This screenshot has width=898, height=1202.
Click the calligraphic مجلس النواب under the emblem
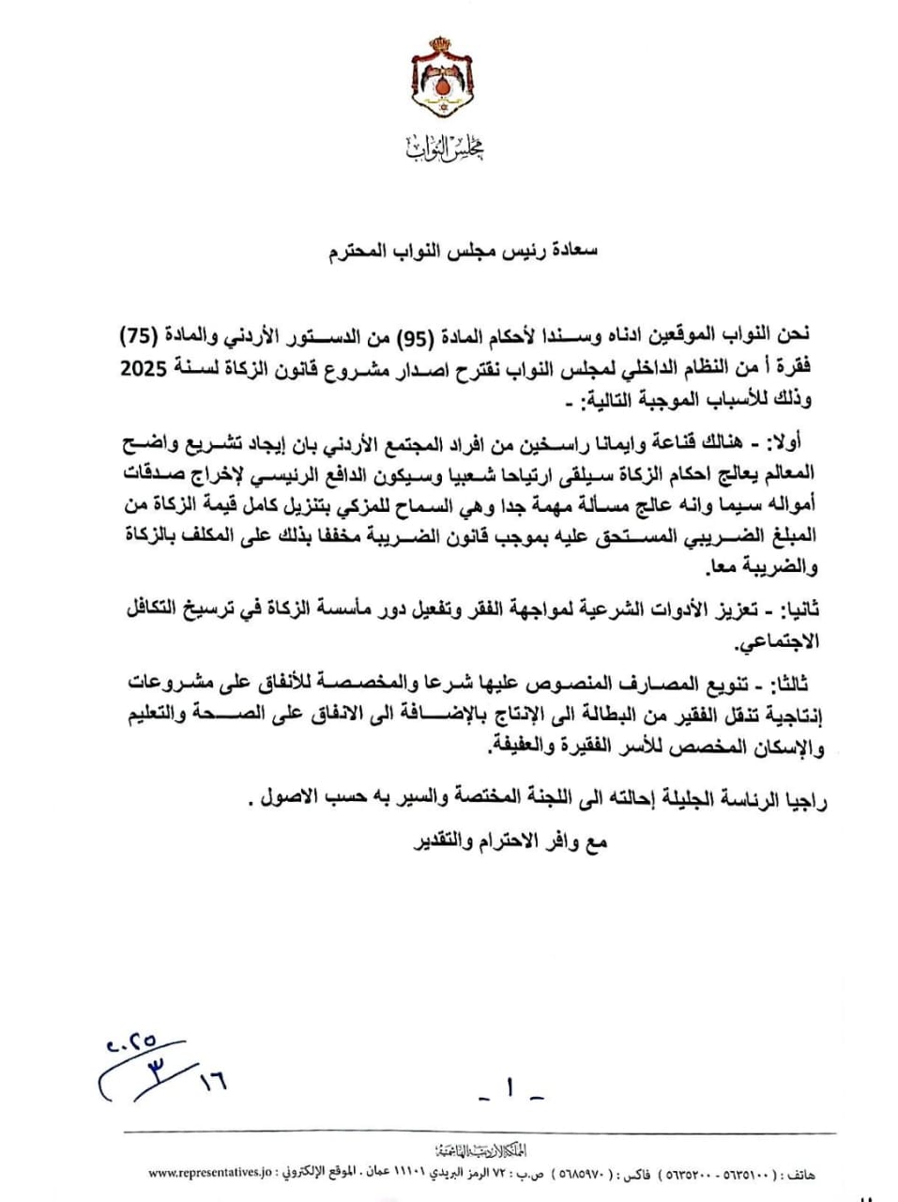tap(447, 146)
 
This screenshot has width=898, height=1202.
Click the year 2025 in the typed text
tap(142, 369)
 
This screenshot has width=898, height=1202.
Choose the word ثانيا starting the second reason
tap(799, 610)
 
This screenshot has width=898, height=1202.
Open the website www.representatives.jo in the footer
tap(209, 1174)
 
